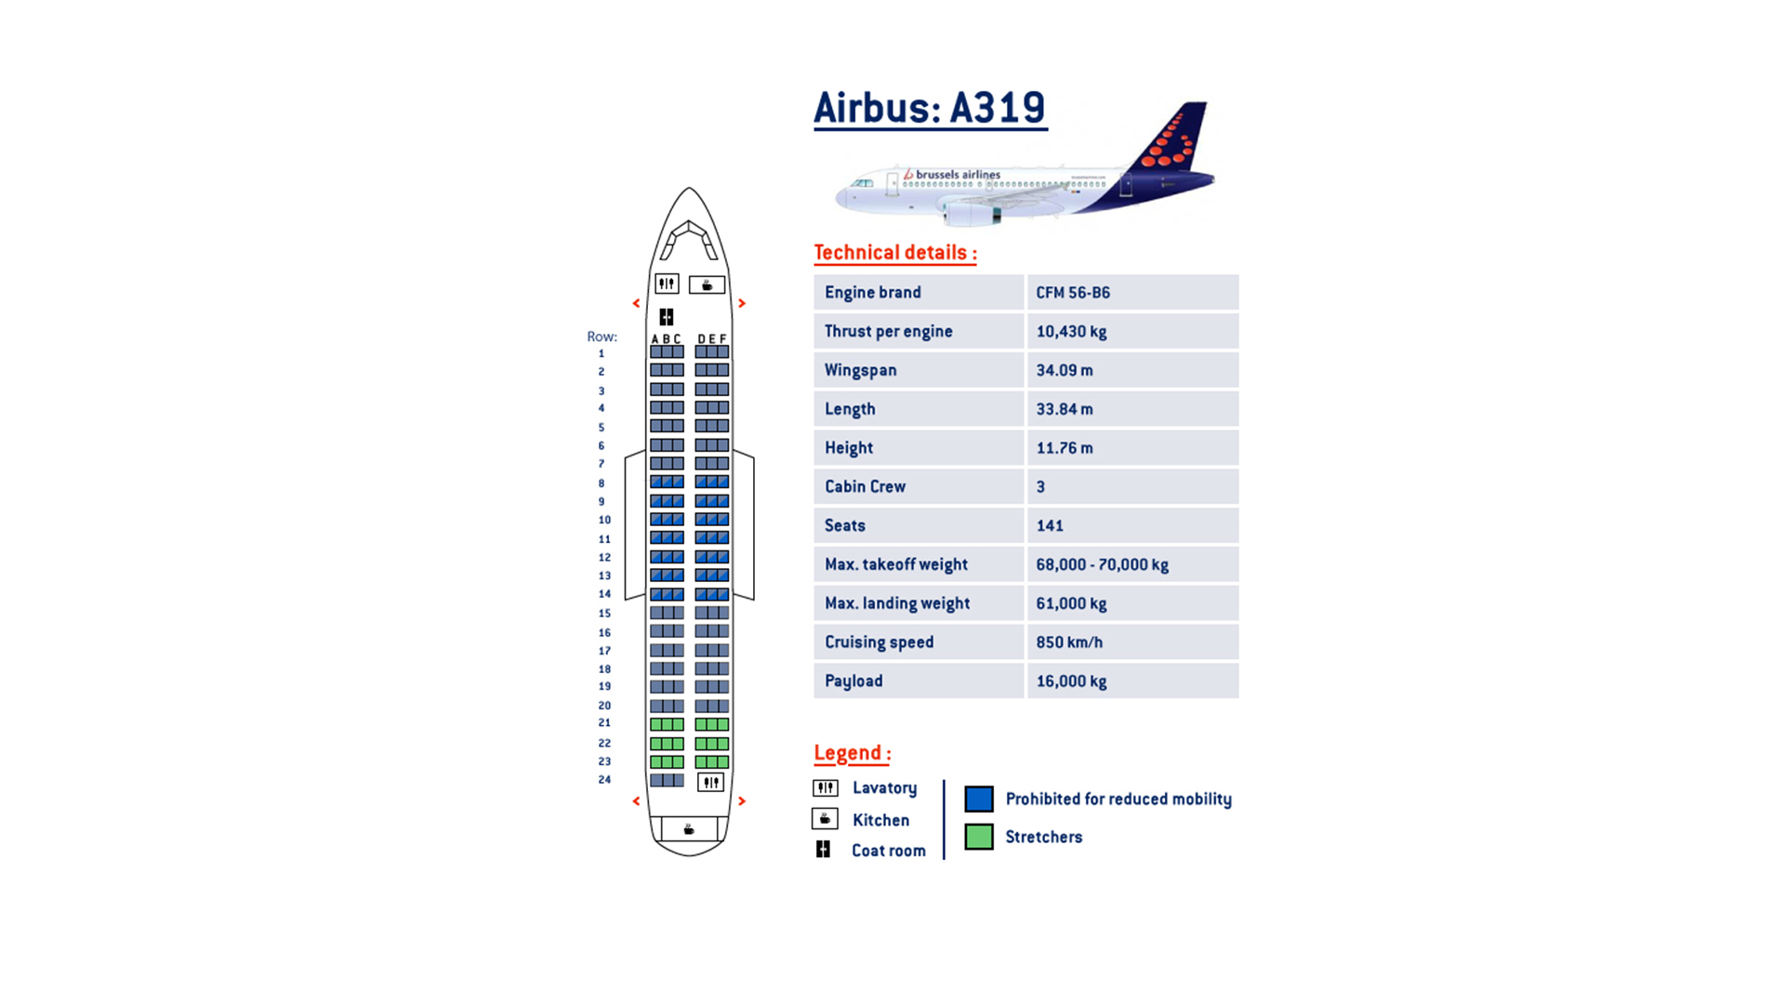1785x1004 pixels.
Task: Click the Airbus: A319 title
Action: tap(930, 108)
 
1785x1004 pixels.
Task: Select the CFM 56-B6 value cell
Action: tap(1131, 292)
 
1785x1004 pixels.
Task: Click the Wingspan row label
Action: tap(860, 370)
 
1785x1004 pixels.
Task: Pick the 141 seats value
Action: tap(1050, 525)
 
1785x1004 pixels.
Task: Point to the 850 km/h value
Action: tap(1069, 642)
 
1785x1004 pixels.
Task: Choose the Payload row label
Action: tap(853, 681)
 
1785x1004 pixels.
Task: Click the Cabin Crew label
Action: tap(865, 486)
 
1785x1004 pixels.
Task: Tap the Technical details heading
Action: tap(894, 253)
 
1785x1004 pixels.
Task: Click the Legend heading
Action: tap(852, 753)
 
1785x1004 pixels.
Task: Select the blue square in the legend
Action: tap(979, 799)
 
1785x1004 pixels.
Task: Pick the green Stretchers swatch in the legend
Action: tap(979, 837)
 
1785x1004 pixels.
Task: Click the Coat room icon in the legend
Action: tap(823, 850)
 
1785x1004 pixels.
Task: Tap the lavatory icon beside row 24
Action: tap(711, 782)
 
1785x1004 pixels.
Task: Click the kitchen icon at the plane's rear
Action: tap(689, 829)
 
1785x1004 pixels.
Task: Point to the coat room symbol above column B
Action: tap(667, 317)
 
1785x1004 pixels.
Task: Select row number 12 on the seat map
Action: tap(604, 558)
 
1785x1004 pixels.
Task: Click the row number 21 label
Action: tap(604, 723)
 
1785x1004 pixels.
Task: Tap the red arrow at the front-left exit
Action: tap(636, 303)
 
